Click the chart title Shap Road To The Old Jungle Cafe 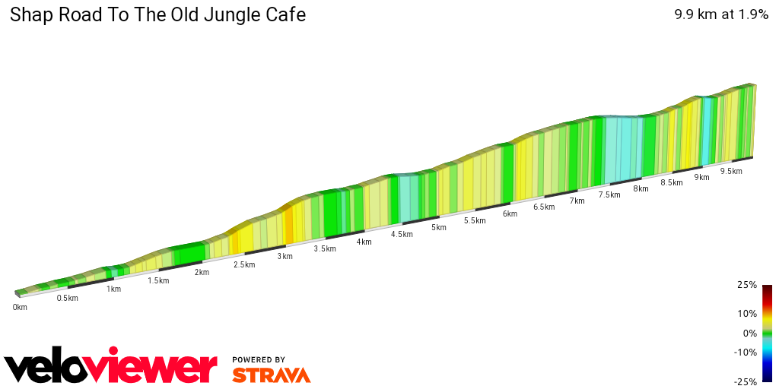pos(157,14)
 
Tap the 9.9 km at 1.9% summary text pos(721,14)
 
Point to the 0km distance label pos(20,307)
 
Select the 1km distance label pos(113,289)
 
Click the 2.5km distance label pos(244,264)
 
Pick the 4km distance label pos(364,242)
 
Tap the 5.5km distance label pos(474,220)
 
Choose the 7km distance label pos(577,201)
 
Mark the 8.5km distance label pos(671,182)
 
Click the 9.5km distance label pos(730,171)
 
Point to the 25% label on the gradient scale pos(747,285)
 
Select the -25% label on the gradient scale pos(746,381)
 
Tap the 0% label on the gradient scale pos(749,333)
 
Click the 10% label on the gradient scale pos(747,313)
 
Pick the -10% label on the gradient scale pos(746,352)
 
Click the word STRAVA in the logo pos(271,375)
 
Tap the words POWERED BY pos(259,359)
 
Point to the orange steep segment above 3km pos(288,224)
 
